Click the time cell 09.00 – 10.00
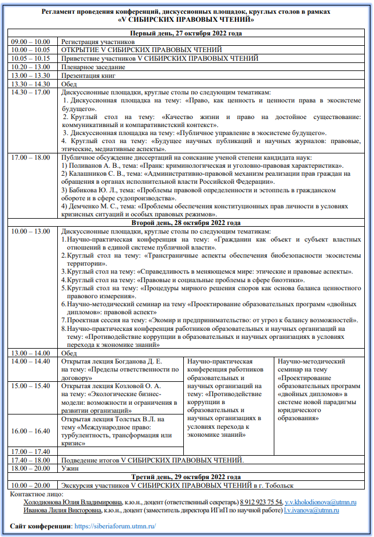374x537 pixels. pos(31,42)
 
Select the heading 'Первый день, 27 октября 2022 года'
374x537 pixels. pos(187,34)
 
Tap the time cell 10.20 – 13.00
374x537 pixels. pos(31,66)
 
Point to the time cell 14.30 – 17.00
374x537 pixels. pos(31,92)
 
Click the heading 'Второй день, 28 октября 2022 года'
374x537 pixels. pos(187,222)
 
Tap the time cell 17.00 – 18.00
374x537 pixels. pos(31,157)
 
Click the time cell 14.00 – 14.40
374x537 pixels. pos(31,362)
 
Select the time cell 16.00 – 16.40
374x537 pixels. pos(31,431)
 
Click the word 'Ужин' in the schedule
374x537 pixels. pos(70,468)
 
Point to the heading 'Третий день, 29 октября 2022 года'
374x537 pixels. pos(187,476)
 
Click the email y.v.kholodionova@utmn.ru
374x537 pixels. pos(321,502)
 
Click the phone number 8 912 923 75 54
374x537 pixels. pos(261,502)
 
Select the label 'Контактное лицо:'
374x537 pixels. pos(38,493)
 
